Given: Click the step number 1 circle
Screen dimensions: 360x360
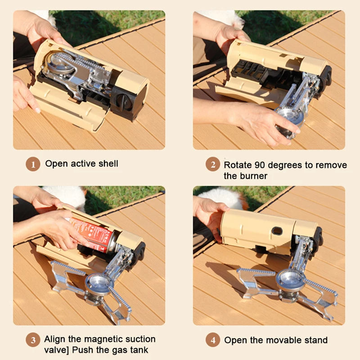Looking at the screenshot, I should point(33,164).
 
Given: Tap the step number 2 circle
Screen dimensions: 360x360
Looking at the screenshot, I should point(213,164).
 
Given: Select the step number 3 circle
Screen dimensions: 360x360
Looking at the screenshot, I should point(33,339).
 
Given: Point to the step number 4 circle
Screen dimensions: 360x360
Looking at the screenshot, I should point(213,340).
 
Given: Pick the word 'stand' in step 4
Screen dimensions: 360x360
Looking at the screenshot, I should point(315,340).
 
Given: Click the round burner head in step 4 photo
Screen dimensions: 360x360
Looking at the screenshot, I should point(290,279).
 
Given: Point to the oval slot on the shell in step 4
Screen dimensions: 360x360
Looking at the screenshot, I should point(278,231).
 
